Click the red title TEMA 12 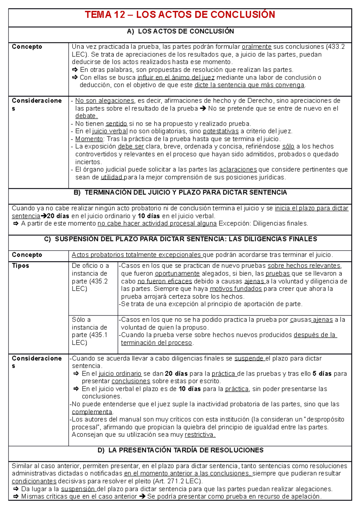pos(180,15)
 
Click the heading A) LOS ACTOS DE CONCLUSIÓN pos(180,31)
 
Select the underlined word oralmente pos(256,47)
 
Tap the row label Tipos pos(20,266)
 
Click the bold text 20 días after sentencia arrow pos(58,216)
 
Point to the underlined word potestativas pos(221,131)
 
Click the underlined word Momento pos(89,139)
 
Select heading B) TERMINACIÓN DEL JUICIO pos(180,193)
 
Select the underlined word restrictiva pos(199,435)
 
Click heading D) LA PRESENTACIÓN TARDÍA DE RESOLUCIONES pos(180,450)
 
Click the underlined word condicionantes pos(34,481)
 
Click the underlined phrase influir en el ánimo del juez pos(176,78)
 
